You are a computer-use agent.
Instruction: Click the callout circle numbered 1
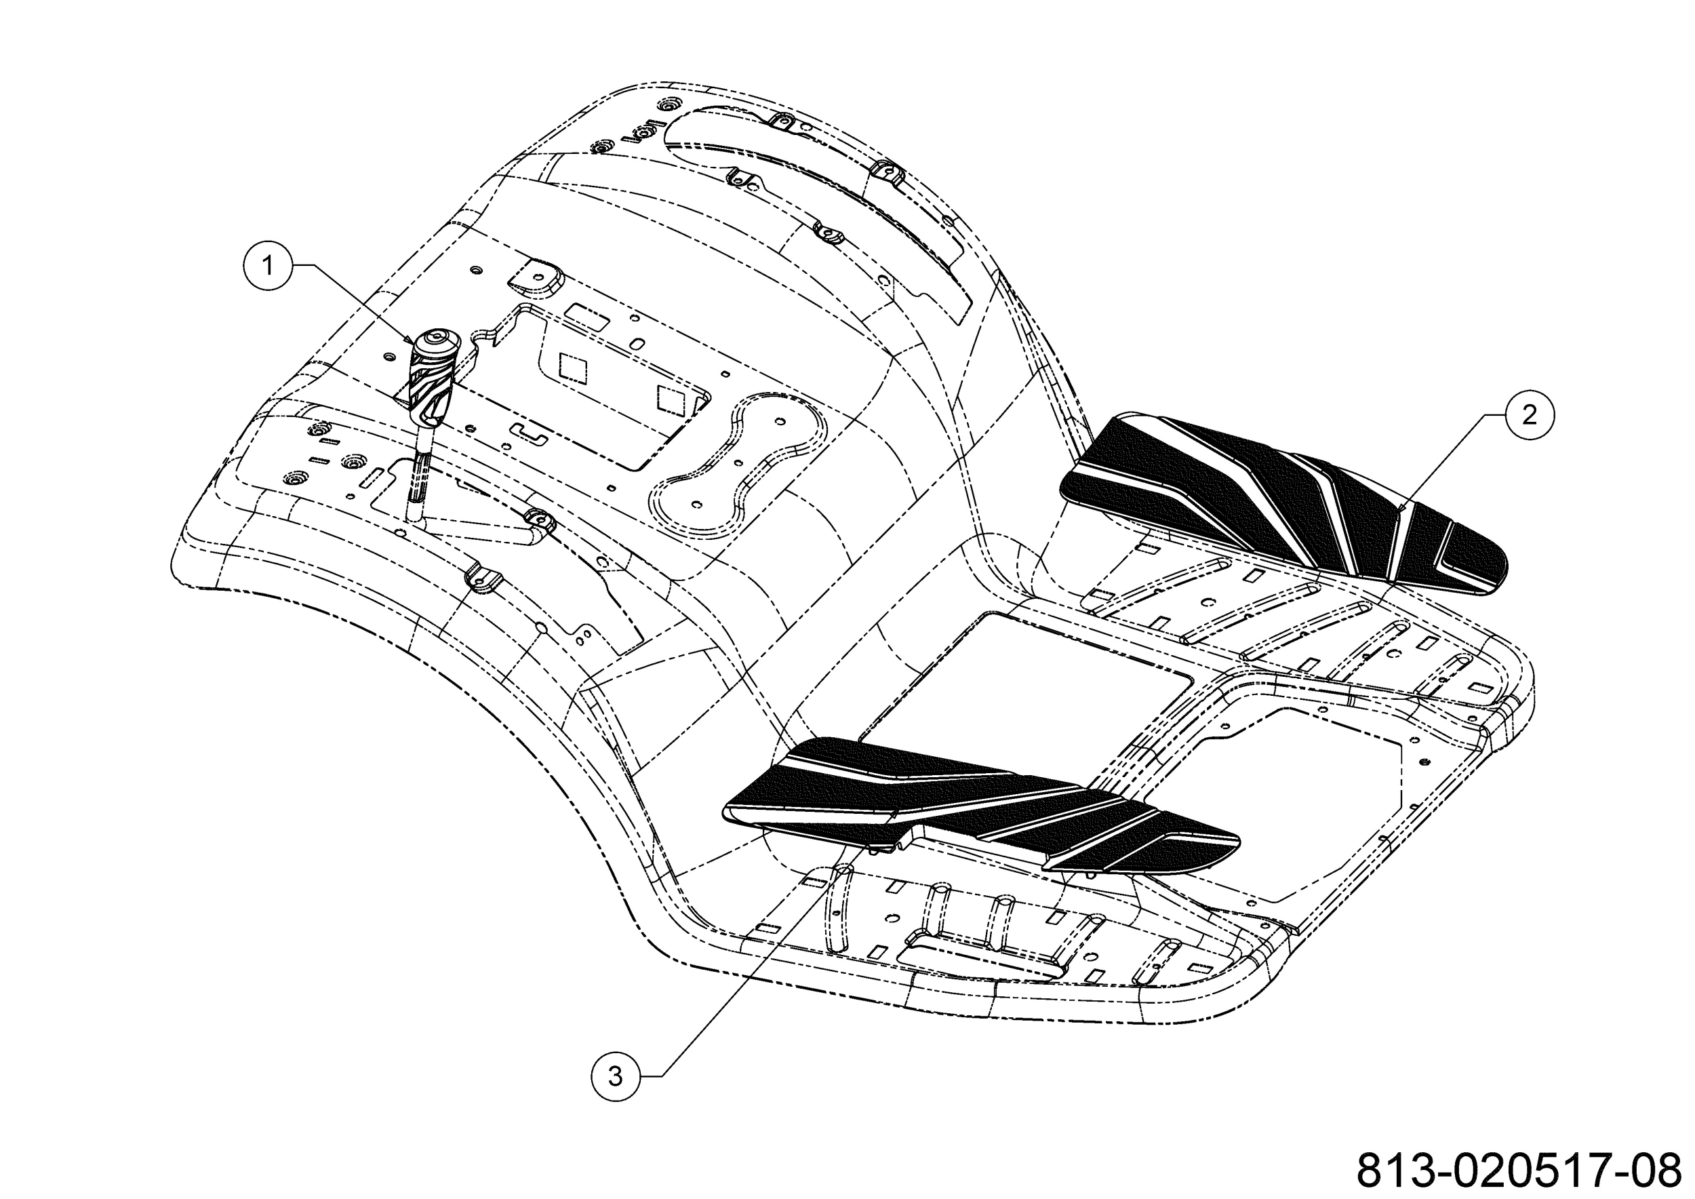[267, 266]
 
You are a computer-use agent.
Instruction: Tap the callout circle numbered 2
[1529, 415]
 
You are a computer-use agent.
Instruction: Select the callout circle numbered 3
[616, 1076]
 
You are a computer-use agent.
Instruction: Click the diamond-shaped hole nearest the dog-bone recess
[672, 399]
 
